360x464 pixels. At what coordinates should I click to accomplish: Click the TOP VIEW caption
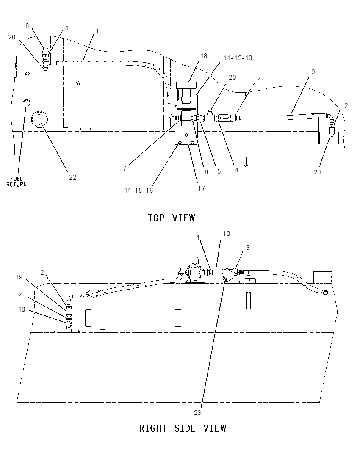click(x=172, y=218)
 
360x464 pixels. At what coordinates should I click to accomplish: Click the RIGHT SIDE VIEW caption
click(x=183, y=428)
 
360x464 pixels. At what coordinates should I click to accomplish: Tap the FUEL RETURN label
click(x=17, y=181)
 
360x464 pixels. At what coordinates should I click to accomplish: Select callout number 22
click(x=72, y=177)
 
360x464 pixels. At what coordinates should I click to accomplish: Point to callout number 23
click(x=197, y=412)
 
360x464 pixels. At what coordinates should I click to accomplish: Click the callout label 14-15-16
click(x=138, y=190)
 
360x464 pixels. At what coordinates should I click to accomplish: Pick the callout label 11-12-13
click(x=238, y=58)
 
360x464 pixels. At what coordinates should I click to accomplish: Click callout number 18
click(x=204, y=55)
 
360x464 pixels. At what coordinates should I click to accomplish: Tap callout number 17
click(x=202, y=188)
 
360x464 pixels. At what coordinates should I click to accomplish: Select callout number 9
click(x=313, y=72)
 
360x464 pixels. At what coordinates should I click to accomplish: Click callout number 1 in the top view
click(x=97, y=31)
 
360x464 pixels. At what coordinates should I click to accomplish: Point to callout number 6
click(x=27, y=26)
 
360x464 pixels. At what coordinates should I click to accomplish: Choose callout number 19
click(x=19, y=277)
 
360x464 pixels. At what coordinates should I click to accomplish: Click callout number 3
click(x=248, y=247)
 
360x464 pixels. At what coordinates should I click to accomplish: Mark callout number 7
click(x=125, y=168)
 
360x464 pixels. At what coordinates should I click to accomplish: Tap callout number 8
click(x=206, y=172)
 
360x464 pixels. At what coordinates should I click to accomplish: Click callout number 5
click(x=219, y=171)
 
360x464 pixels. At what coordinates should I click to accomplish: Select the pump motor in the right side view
click(x=194, y=272)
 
